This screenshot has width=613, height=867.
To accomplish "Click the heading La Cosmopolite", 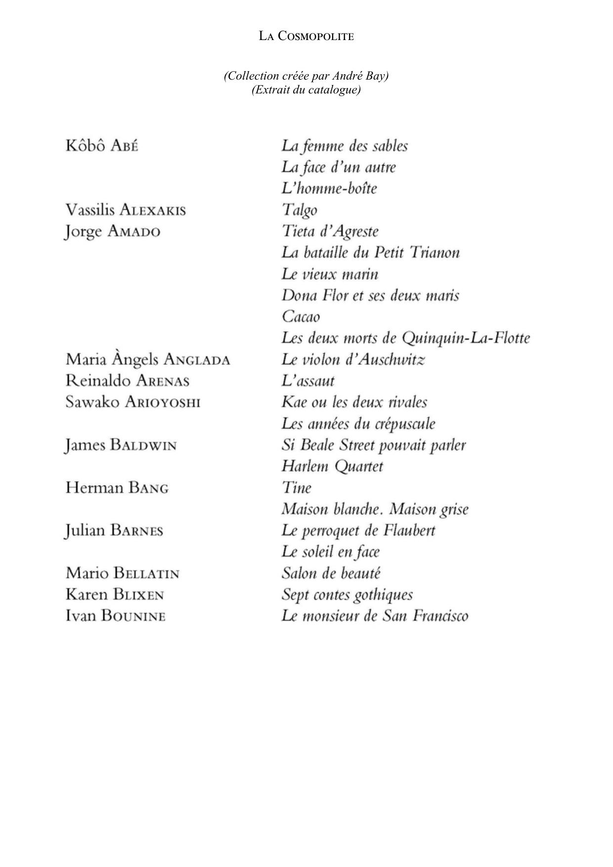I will (x=306, y=36).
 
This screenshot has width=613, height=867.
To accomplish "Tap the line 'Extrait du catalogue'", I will (x=306, y=89).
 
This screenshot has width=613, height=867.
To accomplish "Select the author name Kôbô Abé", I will (x=102, y=146).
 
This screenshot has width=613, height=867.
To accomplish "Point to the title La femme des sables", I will (x=345, y=146).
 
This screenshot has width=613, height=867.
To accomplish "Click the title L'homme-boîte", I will (x=329, y=188).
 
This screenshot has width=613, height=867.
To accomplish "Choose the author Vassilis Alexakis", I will (x=126, y=210).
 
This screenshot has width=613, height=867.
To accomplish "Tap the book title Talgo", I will (x=300, y=210).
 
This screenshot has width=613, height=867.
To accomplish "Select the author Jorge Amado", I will (x=113, y=231).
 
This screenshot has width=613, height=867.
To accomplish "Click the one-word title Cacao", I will (x=301, y=316).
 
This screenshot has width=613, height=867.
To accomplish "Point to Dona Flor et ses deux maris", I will (x=370, y=296).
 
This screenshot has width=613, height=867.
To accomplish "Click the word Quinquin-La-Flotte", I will (x=466, y=338).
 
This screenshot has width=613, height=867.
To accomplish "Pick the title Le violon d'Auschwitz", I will (x=353, y=359).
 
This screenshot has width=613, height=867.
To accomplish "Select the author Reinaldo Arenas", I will (x=128, y=381).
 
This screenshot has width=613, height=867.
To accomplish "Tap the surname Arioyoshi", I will (x=163, y=402).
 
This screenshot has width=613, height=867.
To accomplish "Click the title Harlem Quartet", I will (x=332, y=466).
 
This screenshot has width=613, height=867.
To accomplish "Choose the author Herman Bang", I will (x=117, y=488).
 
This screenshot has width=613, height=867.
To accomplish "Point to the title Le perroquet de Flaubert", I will (x=358, y=530).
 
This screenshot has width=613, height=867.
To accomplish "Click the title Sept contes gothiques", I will (x=347, y=594).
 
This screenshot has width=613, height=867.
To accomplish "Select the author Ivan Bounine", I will (x=115, y=616).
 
